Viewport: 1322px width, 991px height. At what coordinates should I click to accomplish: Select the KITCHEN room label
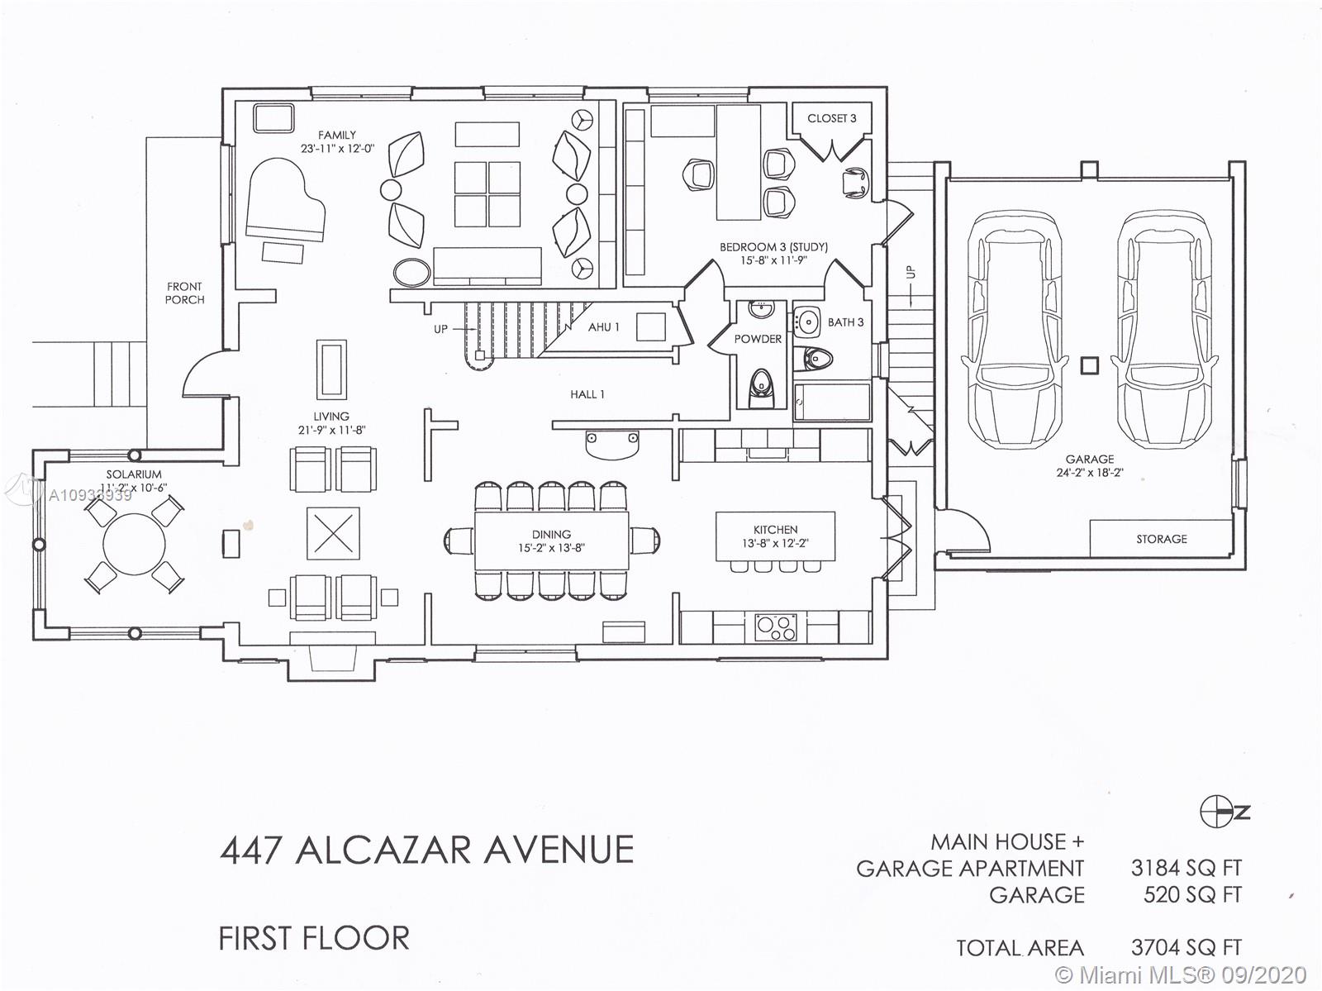[775, 530]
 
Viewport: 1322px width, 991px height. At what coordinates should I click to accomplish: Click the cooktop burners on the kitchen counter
[776, 627]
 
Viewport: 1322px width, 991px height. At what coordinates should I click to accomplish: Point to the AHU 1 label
[603, 327]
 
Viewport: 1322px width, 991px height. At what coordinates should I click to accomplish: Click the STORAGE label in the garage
[1161, 539]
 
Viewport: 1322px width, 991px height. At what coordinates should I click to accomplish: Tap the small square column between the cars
[1089, 365]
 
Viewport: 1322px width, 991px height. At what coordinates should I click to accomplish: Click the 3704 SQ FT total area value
[1186, 948]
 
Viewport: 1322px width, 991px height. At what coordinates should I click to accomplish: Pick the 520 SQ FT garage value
[1192, 894]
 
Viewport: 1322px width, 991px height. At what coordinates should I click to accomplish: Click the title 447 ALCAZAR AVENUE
[426, 850]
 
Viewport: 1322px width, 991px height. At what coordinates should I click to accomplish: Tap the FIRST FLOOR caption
[314, 939]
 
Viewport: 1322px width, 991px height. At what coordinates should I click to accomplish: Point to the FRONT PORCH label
[185, 293]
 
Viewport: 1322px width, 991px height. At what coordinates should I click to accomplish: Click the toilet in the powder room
[761, 388]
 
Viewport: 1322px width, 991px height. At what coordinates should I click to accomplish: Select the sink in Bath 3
[807, 321]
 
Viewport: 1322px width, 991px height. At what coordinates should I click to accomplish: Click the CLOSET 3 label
[832, 119]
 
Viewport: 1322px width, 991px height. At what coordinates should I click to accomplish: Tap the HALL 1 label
[587, 394]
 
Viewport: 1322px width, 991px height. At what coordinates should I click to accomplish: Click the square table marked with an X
[333, 533]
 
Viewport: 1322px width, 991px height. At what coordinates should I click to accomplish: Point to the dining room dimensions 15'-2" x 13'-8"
[552, 548]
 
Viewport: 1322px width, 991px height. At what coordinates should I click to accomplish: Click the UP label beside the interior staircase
[441, 330]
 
